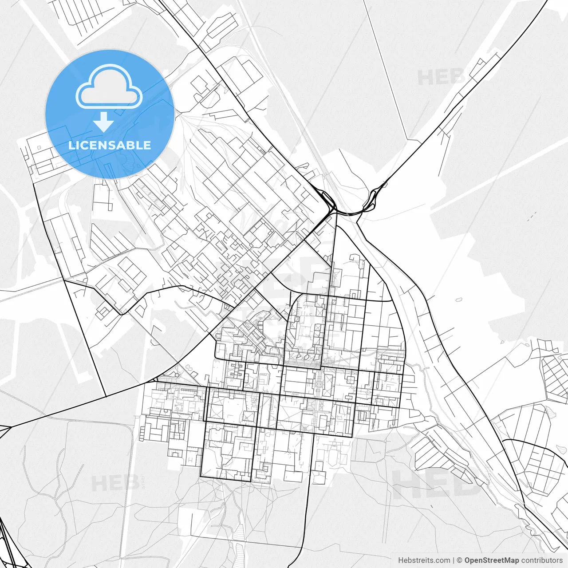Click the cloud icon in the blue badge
(x=109, y=87)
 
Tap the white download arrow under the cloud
(x=104, y=122)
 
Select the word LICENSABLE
(x=110, y=145)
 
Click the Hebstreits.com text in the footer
(x=424, y=560)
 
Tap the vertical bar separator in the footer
(x=454, y=560)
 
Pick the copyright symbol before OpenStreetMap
(x=460, y=560)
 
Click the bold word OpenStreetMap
(x=492, y=560)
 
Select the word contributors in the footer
(x=542, y=560)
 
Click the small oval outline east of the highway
(x=459, y=300)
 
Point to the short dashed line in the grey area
(x=532, y=216)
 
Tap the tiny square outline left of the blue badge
(x=39, y=147)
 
